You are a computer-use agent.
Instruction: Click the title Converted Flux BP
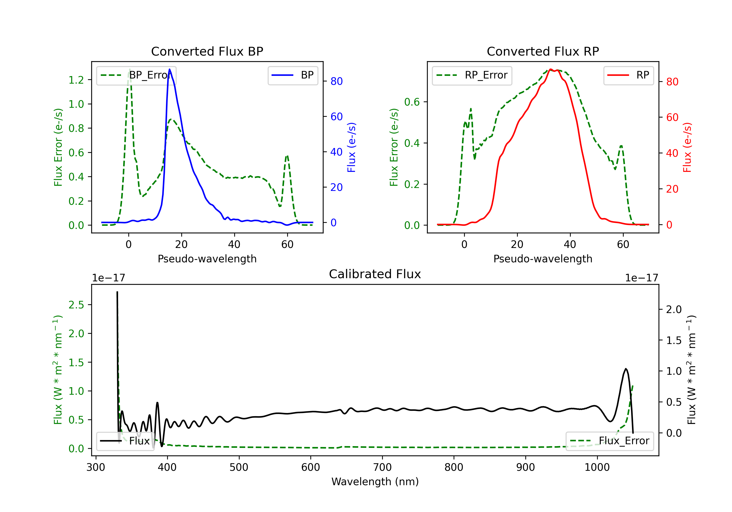click(x=207, y=51)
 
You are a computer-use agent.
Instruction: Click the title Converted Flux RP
click(x=543, y=51)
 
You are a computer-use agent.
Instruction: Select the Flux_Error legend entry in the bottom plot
click(x=610, y=441)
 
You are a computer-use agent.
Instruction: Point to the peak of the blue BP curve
click(x=169, y=69)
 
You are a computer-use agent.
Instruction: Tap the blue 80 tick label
click(x=336, y=81)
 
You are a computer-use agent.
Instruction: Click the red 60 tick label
click(x=672, y=118)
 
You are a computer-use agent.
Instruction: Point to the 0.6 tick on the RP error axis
click(x=412, y=102)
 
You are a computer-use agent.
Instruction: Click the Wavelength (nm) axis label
click(x=375, y=482)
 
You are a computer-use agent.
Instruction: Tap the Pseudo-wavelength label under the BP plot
click(x=207, y=259)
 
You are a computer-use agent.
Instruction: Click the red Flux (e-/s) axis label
click(x=687, y=147)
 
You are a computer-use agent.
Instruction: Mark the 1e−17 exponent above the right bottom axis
click(x=641, y=278)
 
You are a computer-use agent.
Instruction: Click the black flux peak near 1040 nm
click(x=626, y=369)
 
